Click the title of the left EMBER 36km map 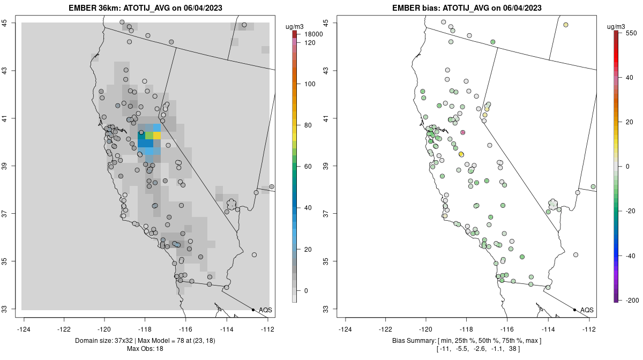(x=146, y=8)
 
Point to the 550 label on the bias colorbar (x=631, y=33)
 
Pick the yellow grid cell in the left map (x=157, y=136)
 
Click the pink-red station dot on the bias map (x=463, y=132)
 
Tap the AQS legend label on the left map (x=265, y=310)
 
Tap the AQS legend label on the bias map (x=587, y=310)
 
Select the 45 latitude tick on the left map (x=11, y=22)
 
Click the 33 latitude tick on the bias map (x=333, y=309)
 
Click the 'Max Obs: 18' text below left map (x=145, y=349)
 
